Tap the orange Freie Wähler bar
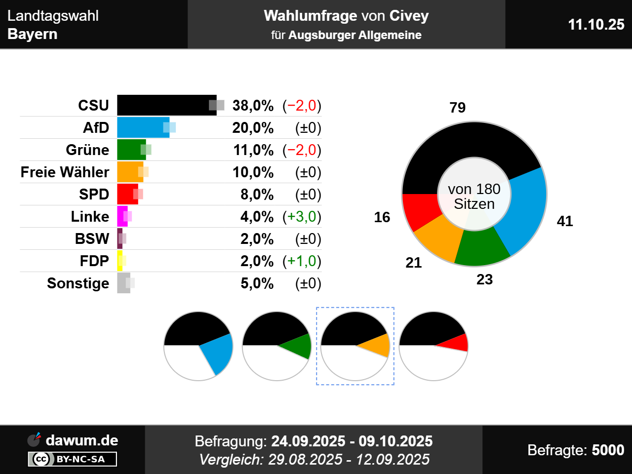click(x=129, y=172)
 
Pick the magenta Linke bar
click(x=121, y=216)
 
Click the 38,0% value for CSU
click(x=253, y=106)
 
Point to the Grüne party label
click(x=87, y=150)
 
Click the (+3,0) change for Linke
click(x=302, y=217)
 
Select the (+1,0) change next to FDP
click(x=302, y=261)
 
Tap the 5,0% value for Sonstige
click(x=257, y=283)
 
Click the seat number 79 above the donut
click(x=458, y=108)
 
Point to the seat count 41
click(x=565, y=221)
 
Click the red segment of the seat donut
click(x=419, y=210)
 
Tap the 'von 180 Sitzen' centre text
click(x=474, y=196)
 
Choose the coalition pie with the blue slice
click(x=198, y=346)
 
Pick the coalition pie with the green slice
click(x=276, y=346)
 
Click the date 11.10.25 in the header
click(x=596, y=25)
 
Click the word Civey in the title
click(x=409, y=16)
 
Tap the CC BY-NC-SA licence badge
click(x=73, y=459)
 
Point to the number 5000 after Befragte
click(x=608, y=450)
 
